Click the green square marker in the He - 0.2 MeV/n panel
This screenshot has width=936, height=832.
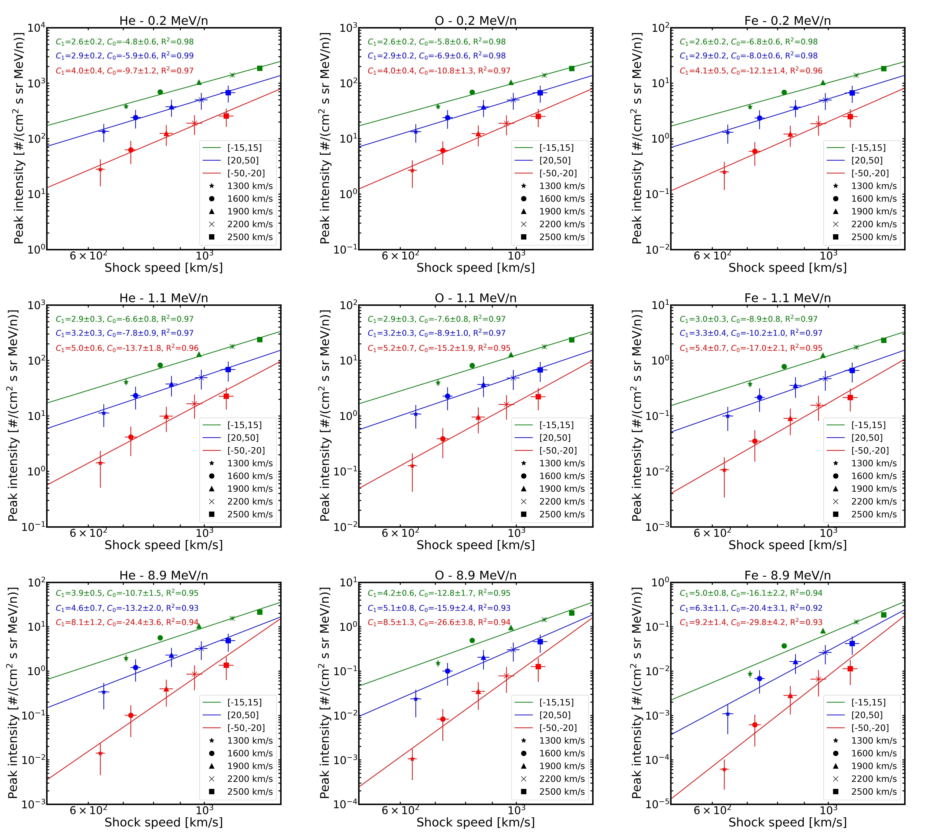260,68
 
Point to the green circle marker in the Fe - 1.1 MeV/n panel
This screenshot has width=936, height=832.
784,366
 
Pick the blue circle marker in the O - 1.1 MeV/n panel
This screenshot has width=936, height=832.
447,396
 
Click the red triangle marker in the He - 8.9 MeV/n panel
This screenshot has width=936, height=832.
166,689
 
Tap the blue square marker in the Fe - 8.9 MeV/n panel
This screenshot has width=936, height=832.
852,643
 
